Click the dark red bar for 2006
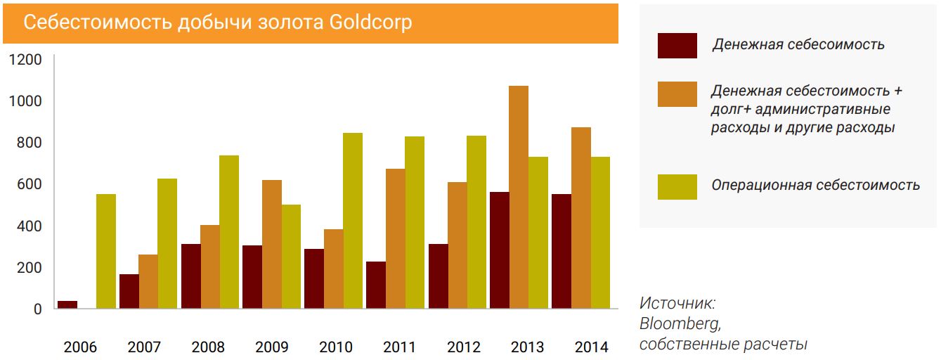click(x=67, y=304)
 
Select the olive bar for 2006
click(x=106, y=251)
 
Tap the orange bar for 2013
click(x=519, y=197)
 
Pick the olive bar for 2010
click(x=353, y=221)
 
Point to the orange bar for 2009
click(x=272, y=244)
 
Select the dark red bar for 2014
click(x=562, y=251)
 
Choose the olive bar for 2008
click(x=229, y=232)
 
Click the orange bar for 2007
click(x=148, y=281)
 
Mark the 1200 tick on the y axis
click(x=25, y=60)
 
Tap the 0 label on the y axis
click(x=37, y=309)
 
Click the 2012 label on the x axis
click(x=464, y=347)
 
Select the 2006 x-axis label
click(x=80, y=347)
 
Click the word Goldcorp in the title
click(x=370, y=22)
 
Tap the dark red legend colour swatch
click(x=677, y=45)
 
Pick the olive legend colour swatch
click(x=677, y=186)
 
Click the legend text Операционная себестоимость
click(x=815, y=185)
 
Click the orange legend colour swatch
click(x=677, y=94)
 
